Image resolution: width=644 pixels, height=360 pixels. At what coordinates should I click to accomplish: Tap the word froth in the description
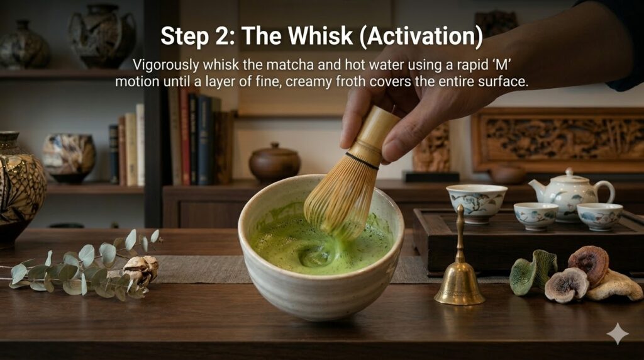350,81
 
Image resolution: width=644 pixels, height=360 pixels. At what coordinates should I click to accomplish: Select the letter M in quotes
501,65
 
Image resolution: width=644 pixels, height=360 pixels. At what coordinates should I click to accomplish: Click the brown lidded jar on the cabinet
274,162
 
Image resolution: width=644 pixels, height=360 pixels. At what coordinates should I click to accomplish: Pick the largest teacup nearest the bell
477,203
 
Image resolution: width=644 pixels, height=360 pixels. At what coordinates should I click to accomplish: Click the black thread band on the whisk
362,160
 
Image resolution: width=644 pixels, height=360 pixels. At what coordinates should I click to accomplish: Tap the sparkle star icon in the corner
618,334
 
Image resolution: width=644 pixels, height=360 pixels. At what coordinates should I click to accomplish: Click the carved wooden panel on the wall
557,140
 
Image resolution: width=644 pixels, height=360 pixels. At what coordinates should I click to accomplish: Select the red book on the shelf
184,138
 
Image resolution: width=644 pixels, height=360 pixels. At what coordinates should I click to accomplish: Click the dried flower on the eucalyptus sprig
140,269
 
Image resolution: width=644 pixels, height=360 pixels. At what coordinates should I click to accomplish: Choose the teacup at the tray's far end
599,216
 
